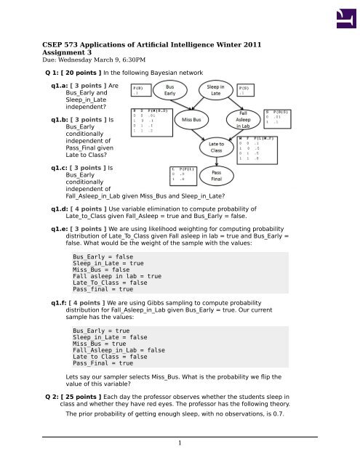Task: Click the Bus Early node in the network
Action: coord(169,89)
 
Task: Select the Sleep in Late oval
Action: coord(216,89)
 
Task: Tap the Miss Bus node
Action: coord(192,118)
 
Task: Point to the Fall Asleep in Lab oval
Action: coord(245,119)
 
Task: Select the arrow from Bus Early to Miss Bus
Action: coord(180,103)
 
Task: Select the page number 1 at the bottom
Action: coord(180,443)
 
